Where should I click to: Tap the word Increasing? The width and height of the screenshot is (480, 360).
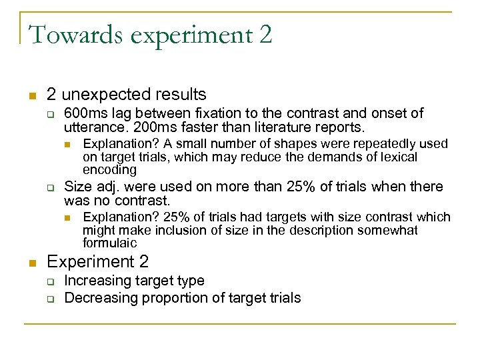pos(97,281)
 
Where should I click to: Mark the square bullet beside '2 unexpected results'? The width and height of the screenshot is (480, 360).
pos(30,95)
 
